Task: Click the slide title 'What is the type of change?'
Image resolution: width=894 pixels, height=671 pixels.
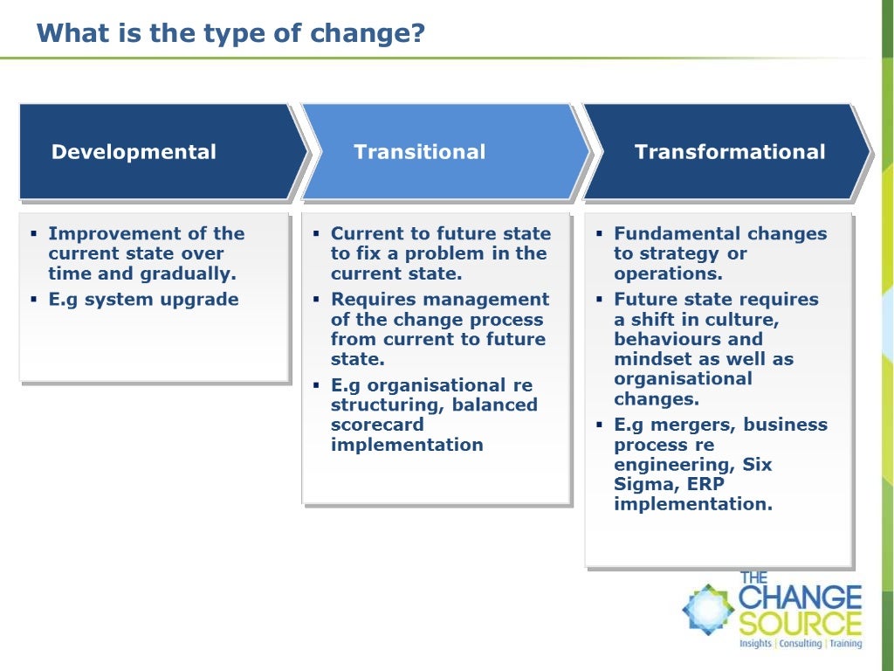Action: (x=230, y=33)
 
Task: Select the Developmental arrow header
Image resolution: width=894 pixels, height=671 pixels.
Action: (x=134, y=152)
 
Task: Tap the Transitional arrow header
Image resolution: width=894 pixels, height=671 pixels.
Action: (x=419, y=152)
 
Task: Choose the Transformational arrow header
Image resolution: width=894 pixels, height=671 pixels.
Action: (x=729, y=152)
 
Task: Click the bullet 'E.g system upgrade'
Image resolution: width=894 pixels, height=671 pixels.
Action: (x=143, y=300)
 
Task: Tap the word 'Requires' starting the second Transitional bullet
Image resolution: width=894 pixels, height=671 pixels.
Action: (x=374, y=300)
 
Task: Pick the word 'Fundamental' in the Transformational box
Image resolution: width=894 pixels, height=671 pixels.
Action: (x=668, y=233)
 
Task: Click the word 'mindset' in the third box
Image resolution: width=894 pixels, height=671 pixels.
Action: (x=648, y=359)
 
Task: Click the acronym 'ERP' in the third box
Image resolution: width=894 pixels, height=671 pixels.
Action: (x=705, y=484)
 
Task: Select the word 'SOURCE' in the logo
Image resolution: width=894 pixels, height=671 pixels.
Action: (x=800, y=624)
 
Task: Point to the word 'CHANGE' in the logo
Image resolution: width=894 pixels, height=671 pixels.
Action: (x=800, y=598)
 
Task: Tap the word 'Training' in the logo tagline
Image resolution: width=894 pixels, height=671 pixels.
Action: (x=845, y=644)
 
